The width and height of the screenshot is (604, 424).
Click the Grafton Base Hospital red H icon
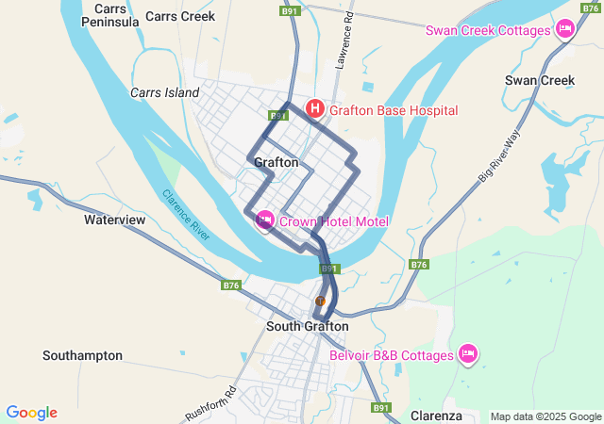(315, 110)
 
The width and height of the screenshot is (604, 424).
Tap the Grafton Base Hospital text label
(394, 110)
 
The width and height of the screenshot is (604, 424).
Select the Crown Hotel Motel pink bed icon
(265, 220)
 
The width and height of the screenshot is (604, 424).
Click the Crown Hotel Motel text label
(334, 221)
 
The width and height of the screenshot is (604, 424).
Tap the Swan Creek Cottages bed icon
(565, 30)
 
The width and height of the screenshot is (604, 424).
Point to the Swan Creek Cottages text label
(488, 30)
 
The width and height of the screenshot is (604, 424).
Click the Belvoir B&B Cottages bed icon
(467, 355)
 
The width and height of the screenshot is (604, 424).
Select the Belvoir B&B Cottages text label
(392, 355)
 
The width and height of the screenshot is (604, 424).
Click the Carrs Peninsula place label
(110, 15)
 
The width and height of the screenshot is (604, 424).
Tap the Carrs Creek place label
(180, 16)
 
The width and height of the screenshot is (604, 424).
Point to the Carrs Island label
(165, 92)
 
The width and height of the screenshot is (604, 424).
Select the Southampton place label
(82, 355)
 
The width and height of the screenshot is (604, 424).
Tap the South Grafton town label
(307, 326)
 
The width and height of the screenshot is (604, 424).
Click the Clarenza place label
(436, 416)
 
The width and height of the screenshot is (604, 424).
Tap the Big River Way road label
(499, 156)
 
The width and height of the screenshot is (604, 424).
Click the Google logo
(31, 413)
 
